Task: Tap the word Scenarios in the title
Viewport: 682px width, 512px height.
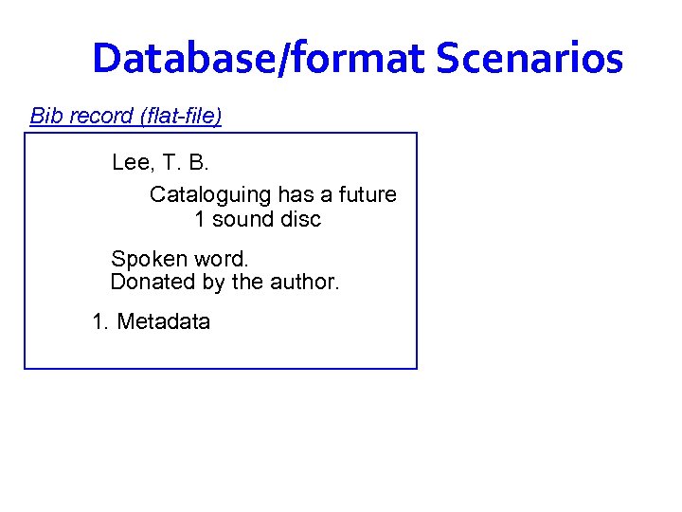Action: tap(529, 59)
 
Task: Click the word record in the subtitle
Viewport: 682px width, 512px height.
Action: tap(99, 117)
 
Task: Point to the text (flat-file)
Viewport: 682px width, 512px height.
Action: tap(181, 117)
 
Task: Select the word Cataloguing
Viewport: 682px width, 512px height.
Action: tap(210, 195)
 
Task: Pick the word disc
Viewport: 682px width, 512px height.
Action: tap(302, 220)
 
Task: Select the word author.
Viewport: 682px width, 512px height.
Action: tap(305, 283)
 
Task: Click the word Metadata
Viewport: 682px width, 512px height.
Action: tap(164, 322)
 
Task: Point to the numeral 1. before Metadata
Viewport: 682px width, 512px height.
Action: tap(100, 322)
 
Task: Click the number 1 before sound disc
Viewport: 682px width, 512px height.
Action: tap(200, 220)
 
